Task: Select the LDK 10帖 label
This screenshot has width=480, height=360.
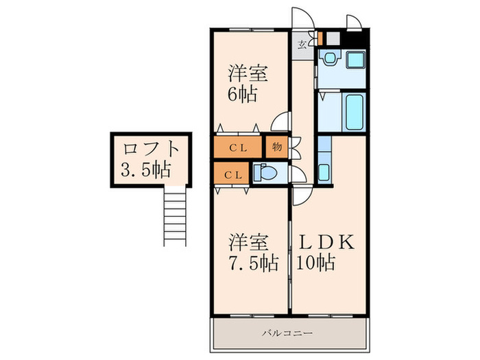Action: coord(325,252)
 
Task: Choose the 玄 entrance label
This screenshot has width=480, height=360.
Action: coord(302,45)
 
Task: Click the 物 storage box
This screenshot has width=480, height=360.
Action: coord(275,147)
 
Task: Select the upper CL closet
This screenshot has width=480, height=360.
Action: coord(237,147)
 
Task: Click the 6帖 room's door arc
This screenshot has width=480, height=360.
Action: coord(280,123)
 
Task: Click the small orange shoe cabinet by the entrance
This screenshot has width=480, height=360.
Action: coord(320,36)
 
